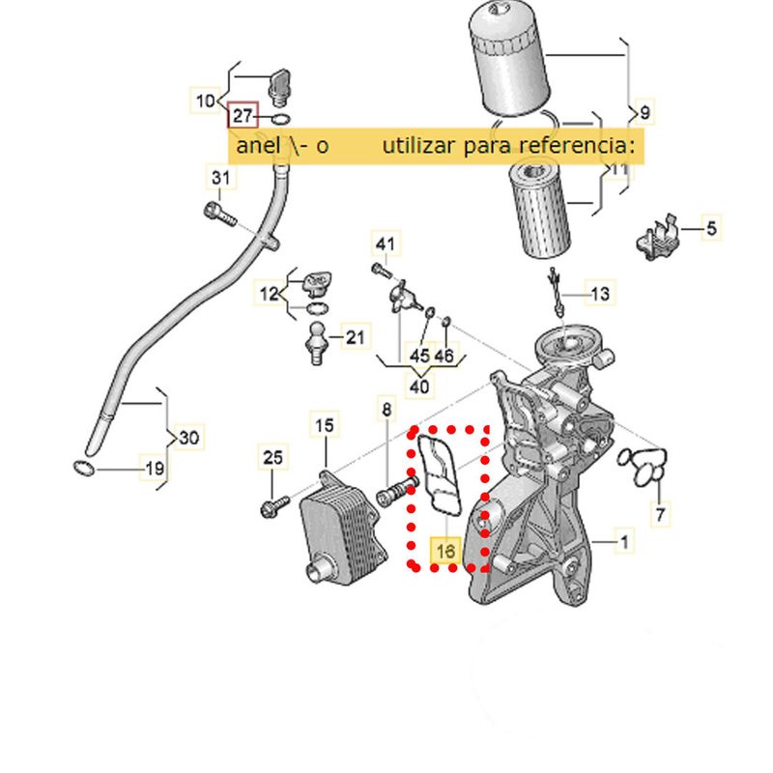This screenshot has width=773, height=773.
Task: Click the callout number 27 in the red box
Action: pos(243,117)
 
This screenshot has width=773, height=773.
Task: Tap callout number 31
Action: pos(222,177)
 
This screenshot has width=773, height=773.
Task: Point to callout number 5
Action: pos(711,229)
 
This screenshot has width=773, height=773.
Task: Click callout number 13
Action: pos(600,292)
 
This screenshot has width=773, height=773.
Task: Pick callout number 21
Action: pos(357,337)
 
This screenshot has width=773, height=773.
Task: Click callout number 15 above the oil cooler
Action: pos(325,424)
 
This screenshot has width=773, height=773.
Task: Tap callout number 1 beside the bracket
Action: pos(625,544)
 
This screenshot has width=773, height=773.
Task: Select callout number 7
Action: pos(660,514)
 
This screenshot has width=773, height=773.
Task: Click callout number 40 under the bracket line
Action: pos(421,386)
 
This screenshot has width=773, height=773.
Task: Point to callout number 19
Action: pos(154,470)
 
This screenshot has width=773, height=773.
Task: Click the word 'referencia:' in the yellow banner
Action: pos(590,146)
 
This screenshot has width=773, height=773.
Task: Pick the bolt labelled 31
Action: pos(221,216)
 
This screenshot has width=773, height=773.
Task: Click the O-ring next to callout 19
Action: pos(85,469)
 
